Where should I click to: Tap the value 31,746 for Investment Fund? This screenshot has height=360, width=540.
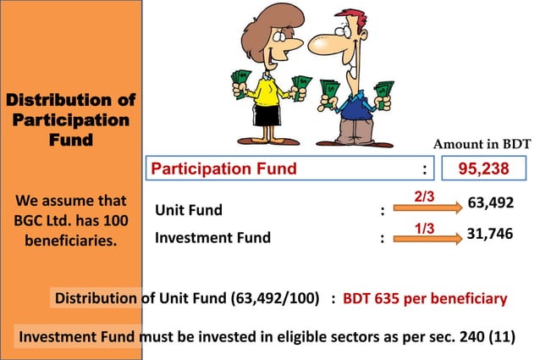point(491,234)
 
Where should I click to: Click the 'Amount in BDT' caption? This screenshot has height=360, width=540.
point(483,145)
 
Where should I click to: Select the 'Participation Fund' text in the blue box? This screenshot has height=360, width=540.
point(223,169)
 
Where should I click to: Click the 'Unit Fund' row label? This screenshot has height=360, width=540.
point(189,210)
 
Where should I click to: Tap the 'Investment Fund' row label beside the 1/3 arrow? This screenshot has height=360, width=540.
point(212,237)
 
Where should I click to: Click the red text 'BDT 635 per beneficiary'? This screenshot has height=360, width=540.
point(424,299)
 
